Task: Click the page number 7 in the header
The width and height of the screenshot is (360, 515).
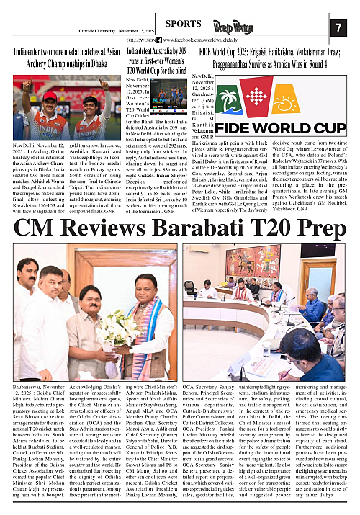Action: tap(338, 27)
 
